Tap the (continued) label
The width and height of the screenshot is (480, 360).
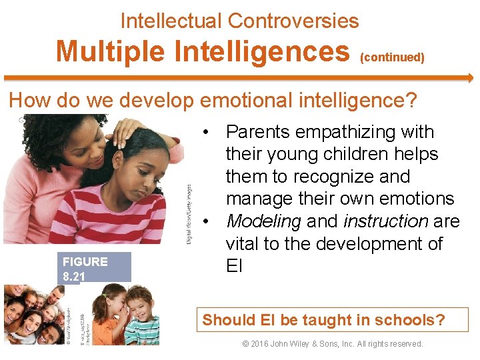coord(392,57)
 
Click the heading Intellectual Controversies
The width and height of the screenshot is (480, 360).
coord(239,21)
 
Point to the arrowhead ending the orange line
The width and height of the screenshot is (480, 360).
coord(470,78)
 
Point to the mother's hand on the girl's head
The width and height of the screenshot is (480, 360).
coord(127,130)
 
